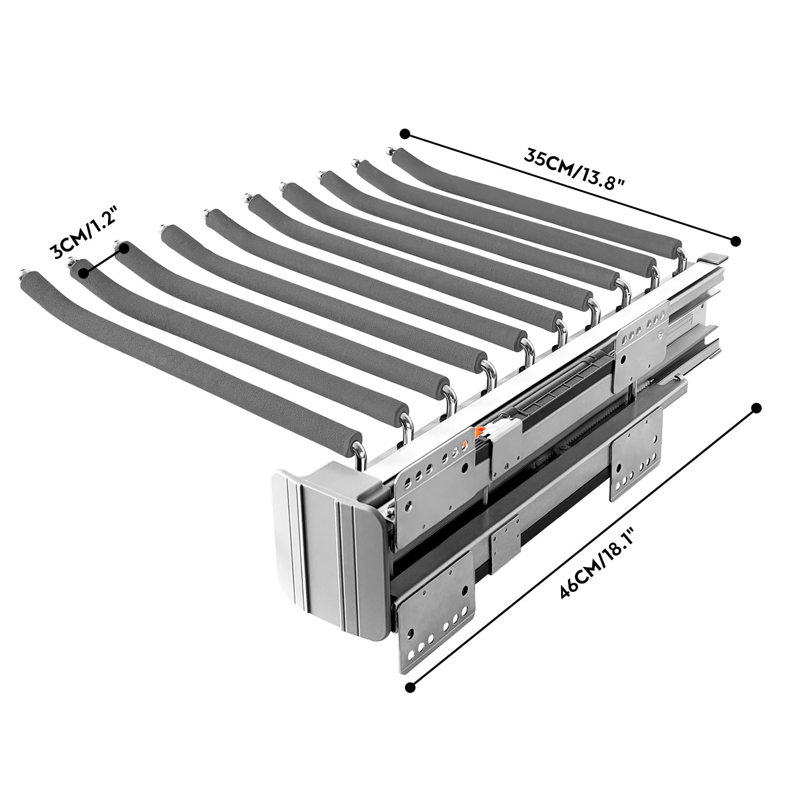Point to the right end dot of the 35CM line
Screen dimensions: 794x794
tap(735, 241)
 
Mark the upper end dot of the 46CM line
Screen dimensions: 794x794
tap(756, 408)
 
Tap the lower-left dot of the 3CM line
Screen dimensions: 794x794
tap(83, 272)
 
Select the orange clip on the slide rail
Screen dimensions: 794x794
tap(481, 433)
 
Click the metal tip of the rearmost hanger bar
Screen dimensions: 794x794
tap(392, 151)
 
